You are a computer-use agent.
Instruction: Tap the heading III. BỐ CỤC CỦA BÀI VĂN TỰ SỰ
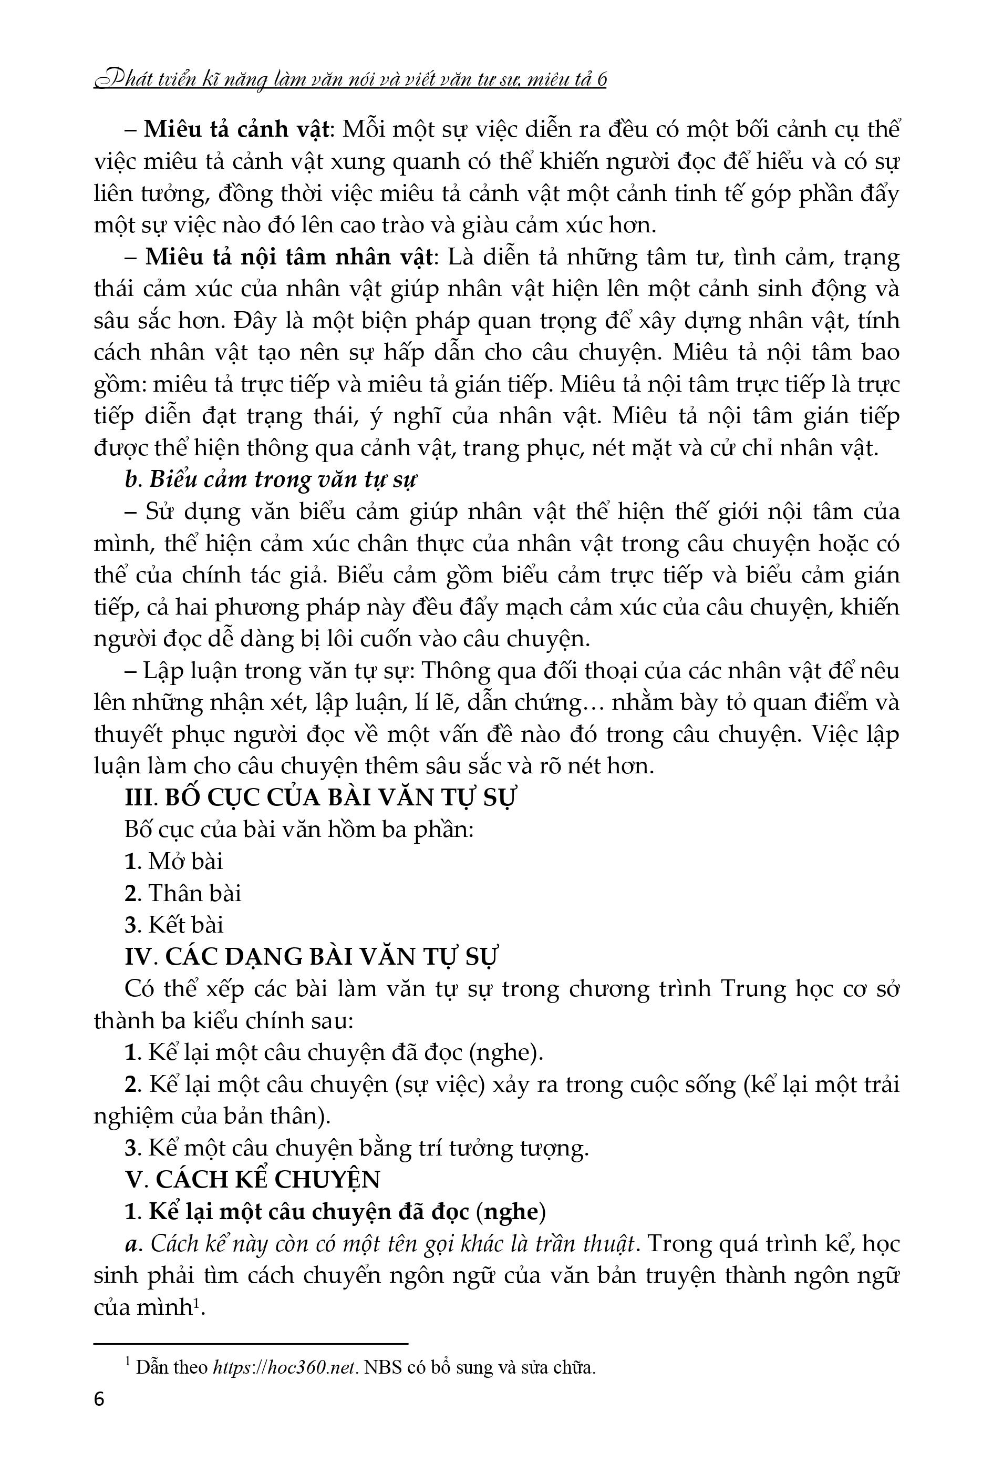point(321,797)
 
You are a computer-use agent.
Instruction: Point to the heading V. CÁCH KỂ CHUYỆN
point(253,1179)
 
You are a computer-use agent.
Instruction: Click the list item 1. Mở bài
point(174,862)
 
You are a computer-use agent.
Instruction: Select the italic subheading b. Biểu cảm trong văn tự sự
point(272,480)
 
